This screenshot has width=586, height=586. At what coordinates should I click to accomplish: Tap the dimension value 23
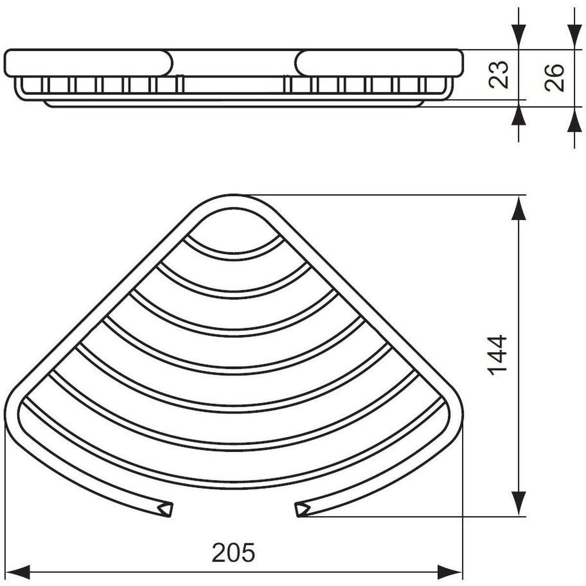click(x=498, y=75)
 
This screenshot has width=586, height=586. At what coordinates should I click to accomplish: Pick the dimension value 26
click(x=554, y=78)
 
